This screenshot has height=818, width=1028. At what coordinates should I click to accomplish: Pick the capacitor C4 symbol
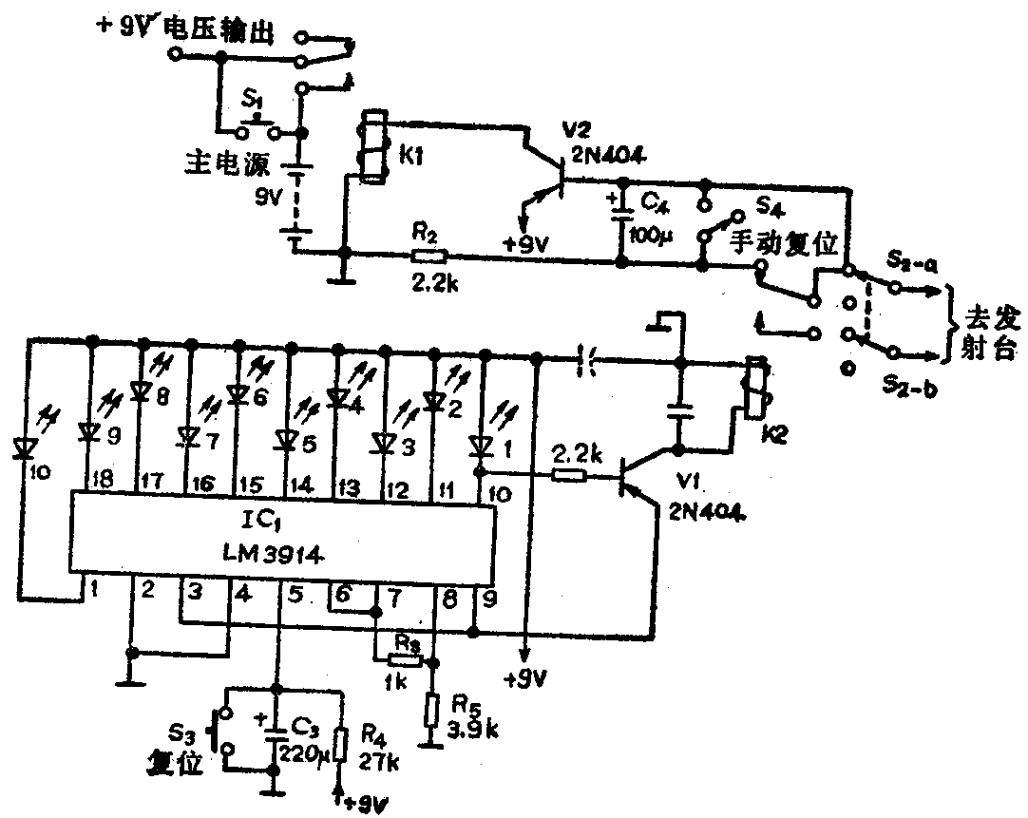tap(621, 213)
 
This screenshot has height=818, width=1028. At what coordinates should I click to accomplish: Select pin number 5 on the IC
tap(295, 596)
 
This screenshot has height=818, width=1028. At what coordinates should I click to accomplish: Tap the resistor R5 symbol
tap(432, 708)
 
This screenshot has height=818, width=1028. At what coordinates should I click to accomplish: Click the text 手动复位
tap(785, 245)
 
